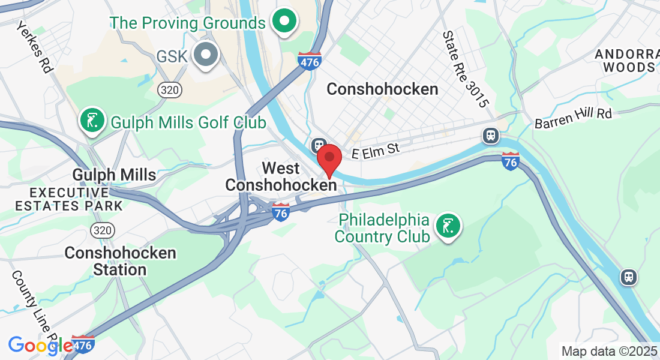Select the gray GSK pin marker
(206, 55)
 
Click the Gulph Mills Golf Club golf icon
(92, 121)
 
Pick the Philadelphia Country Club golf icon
(448, 226)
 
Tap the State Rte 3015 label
(464, 70)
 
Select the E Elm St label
(376, 150)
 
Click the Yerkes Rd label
(35, 47)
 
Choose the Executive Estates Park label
(68, 199)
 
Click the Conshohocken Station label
(120, 261)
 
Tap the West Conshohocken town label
(281, 177)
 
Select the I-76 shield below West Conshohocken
(280, 212)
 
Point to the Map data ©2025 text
(608, 351)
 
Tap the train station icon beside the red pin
(318, 146)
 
